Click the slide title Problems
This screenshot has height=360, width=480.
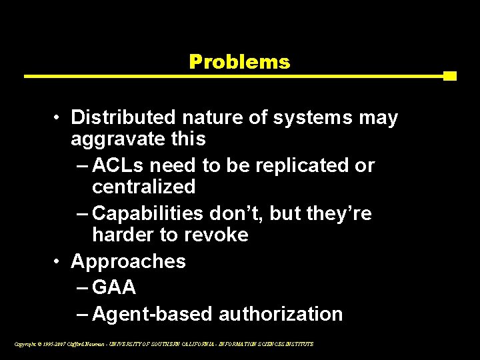239,62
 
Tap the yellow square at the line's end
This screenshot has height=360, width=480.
450,76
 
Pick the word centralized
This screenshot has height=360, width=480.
143,187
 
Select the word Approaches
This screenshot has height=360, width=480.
128,261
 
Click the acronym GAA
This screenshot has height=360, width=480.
114,287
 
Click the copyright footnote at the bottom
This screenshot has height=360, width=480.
163,344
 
